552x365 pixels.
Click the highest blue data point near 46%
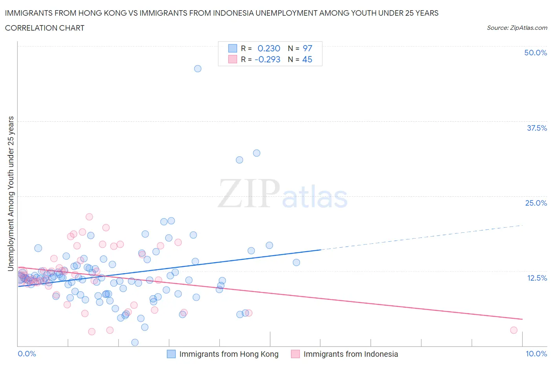click(198, 69)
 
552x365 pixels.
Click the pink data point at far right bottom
click(514, 330)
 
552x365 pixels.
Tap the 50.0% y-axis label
click(536, 53)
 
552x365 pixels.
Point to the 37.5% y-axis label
click(537, 128)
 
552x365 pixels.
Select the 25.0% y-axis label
click(536, 203)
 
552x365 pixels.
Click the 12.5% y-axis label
click(537, 278)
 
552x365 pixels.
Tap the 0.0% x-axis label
click(27, 354)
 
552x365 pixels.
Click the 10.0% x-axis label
click(536, 354)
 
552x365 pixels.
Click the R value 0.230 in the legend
click(269, 48)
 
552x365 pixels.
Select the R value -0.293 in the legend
click(267, 59)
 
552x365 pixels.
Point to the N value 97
click(307, 48)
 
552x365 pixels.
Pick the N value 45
click(307, 59)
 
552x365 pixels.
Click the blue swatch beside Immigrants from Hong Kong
click(171, 354)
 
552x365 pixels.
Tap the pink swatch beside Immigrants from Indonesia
click(295, 354)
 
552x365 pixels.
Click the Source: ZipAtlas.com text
click(517, 27)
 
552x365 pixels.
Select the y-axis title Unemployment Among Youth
click(11, 193)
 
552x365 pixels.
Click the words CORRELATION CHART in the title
click(45, 28)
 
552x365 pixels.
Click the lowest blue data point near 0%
click(135, 342)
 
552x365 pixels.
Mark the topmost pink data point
click(89, 217)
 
